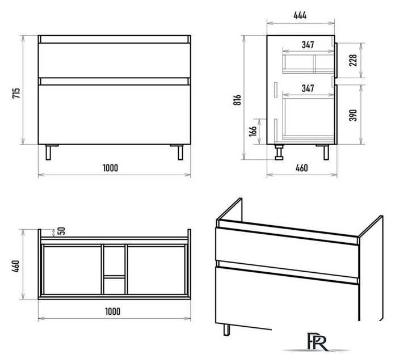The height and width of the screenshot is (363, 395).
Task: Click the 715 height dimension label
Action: pos(16,93)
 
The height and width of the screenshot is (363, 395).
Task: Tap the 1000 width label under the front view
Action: pos(110,168)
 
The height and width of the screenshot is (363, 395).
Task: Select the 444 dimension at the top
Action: pos(300,15)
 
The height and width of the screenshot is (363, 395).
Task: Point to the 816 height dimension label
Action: pos(238,100)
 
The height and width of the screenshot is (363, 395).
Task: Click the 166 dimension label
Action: pos(253,131)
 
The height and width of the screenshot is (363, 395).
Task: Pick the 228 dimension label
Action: pos(353,60)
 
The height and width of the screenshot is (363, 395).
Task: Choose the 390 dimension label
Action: pos(353,115)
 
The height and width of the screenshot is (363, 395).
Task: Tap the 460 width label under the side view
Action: pos(301,168)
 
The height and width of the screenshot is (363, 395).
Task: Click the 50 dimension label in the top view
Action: pos(61,231)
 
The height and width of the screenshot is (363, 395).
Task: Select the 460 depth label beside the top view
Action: pos(16,266)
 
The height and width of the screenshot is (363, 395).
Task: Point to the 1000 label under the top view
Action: pos(112,311)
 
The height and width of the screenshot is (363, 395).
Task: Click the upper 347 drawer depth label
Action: pos(308,45)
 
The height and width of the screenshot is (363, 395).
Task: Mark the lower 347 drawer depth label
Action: pos(308,88)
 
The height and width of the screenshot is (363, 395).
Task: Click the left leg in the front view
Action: pos(48,153)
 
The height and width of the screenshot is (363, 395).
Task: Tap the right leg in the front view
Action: pos(180,153)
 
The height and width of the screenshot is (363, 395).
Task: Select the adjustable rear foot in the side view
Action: pos(279,152)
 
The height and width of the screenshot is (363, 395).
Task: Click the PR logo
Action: pos(317,342)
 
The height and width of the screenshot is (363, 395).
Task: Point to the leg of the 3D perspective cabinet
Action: pos(226,330)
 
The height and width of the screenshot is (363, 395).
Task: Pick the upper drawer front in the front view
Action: pos(115,61)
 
